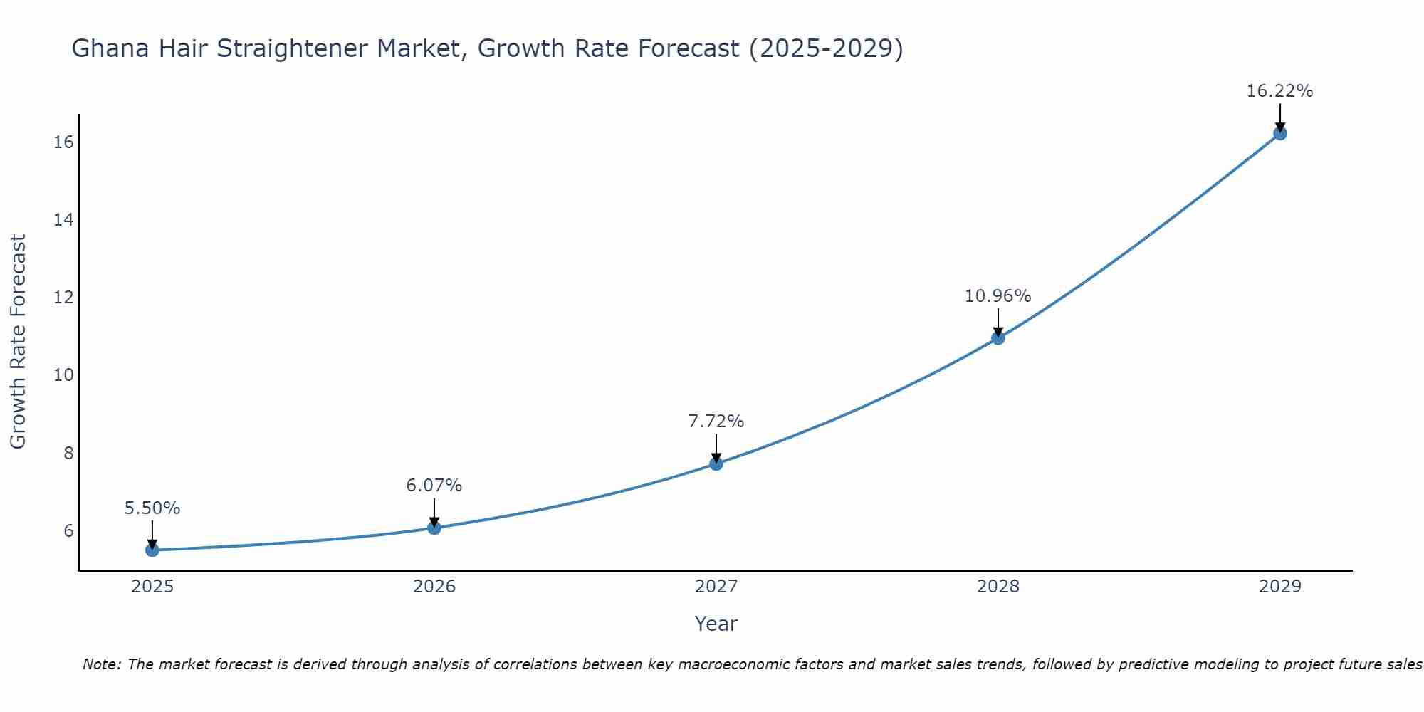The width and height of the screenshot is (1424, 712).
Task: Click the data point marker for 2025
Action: [152, 550]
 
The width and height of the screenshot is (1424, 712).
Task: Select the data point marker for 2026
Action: [434, 528]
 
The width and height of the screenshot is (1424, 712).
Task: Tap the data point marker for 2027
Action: [716, 464]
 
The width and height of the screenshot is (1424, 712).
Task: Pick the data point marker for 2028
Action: [998, 337]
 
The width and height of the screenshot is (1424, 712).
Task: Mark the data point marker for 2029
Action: [1280, 133]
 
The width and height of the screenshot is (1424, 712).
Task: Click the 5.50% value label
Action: [152, 508]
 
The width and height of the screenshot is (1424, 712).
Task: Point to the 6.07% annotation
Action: [434, 486]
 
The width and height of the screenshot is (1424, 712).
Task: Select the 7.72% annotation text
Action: [716, 422]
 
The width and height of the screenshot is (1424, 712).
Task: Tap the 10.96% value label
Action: [998, 296]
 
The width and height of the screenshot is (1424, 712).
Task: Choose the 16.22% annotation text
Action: [1280, 91]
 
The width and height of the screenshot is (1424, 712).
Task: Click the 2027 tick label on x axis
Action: [716, 587]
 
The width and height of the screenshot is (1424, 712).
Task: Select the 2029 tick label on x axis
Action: [1280, 587]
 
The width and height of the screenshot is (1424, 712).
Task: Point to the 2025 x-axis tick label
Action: [152, 587]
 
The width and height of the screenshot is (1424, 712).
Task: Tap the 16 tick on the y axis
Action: [63, 142]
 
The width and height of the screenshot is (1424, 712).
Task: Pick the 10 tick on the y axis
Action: [63, 375]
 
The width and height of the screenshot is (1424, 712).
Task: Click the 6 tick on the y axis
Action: [68, 530]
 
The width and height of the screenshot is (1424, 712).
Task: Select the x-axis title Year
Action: [716, 624]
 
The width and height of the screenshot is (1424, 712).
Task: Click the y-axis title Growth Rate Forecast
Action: [18, 342]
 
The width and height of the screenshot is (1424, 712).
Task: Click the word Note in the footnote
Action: [102, 664]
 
